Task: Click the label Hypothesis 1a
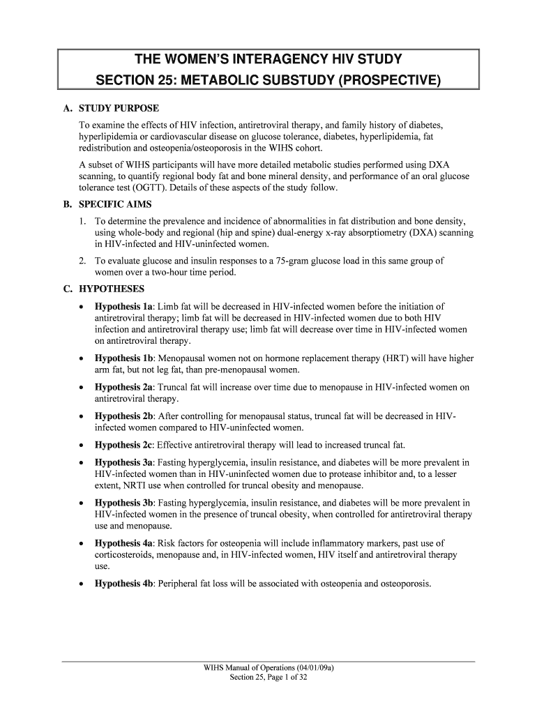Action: (x=123, y=306)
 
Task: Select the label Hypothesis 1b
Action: (x=124, y=358)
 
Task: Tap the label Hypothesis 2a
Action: (x=123, y=388)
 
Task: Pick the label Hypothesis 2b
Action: (x=124, y=416)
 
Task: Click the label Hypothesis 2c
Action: (x=123, y=445)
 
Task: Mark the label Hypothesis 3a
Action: (x=123, y=462)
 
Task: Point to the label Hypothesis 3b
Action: (x=124, y=503)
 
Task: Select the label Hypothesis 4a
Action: (x=123, y=543)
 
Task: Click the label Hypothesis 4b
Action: (x=124, y=584)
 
